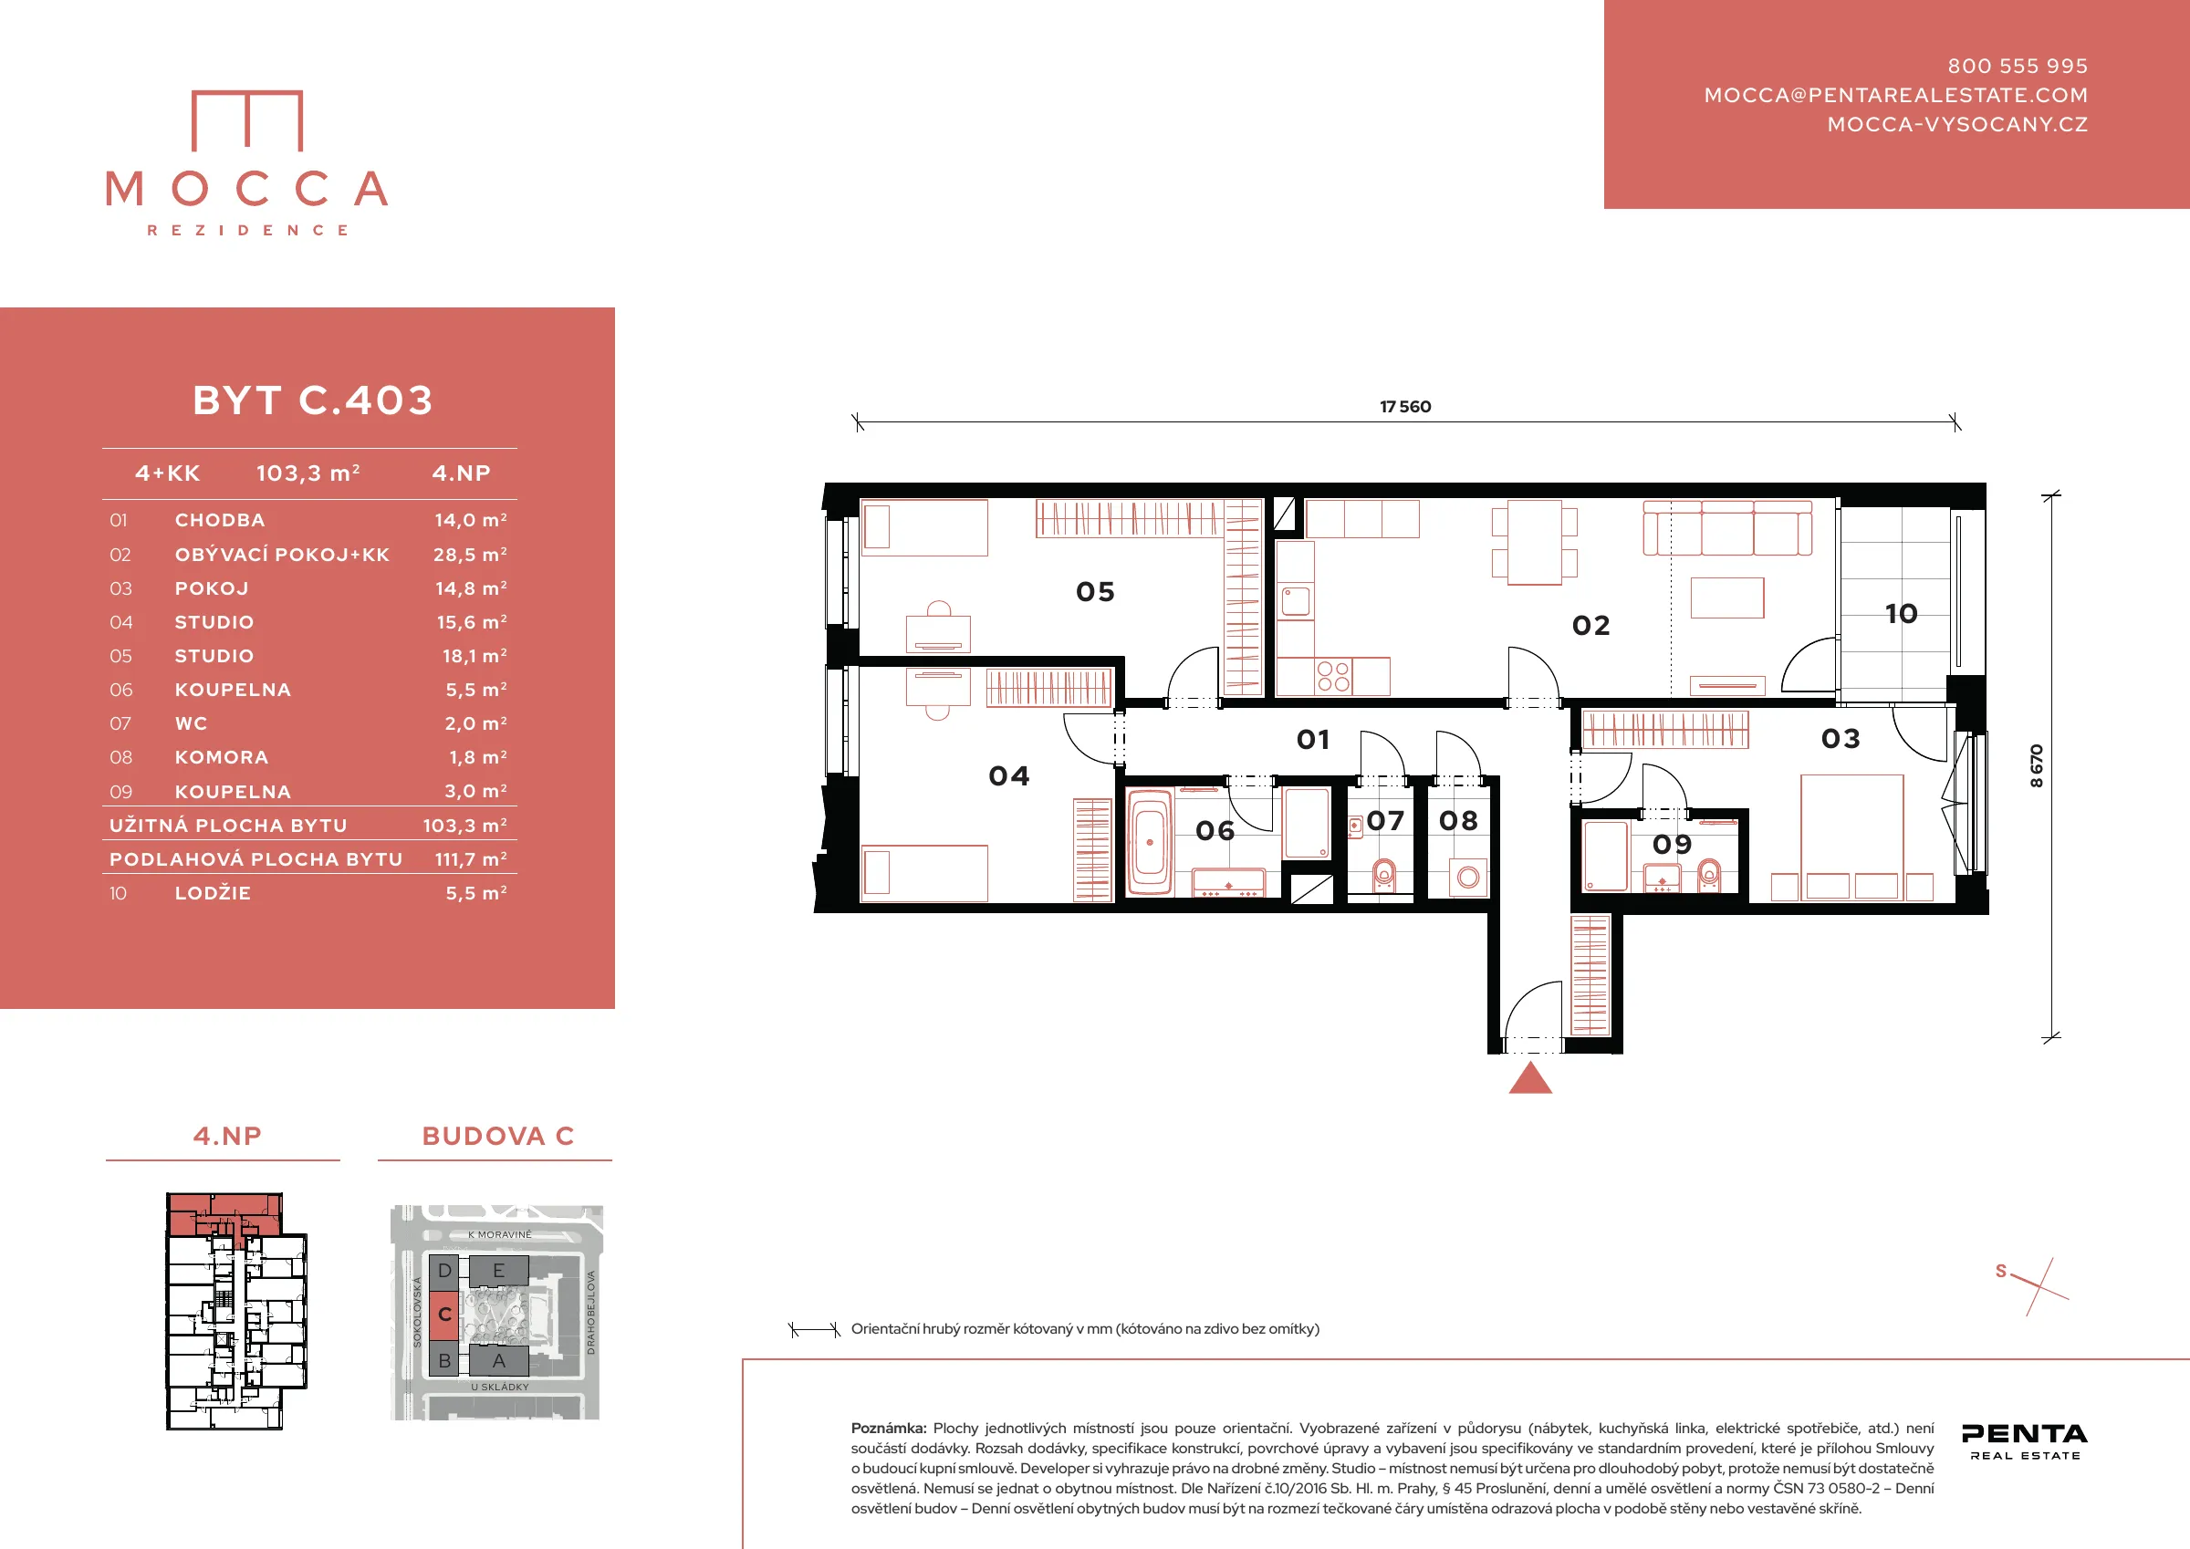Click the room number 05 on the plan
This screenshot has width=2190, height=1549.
[x=1095, y=592]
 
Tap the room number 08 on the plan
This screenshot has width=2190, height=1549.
[x=1458, y=820]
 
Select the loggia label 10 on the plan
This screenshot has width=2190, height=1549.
[x=1901, y=613]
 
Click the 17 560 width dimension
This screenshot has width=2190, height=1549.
[x=1405, y=406]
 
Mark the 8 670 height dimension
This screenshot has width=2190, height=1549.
[x=2037, y=765]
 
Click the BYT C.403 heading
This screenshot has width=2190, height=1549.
[x=313, y=400]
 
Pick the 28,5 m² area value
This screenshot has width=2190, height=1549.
[x=470, y=554]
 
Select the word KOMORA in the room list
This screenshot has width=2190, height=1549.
[x=222, y=757]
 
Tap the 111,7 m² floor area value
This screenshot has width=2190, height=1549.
[x=471, y=859]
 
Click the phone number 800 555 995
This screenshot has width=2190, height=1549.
[x=2018, y=66]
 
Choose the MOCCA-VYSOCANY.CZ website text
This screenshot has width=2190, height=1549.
[x=1957, y=124]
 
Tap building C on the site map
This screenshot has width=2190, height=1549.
[x=444, y=1315]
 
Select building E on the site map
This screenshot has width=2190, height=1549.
[x=499, y=1271]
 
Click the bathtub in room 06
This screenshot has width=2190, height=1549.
[x=1150, y=842]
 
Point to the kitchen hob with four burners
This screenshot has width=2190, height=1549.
[x=1333, y=676]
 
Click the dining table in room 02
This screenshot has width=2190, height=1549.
[x=1535, y=542]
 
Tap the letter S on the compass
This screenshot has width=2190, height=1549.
[x=2001, y=1271]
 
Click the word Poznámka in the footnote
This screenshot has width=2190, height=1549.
[x=888, y=1428]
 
